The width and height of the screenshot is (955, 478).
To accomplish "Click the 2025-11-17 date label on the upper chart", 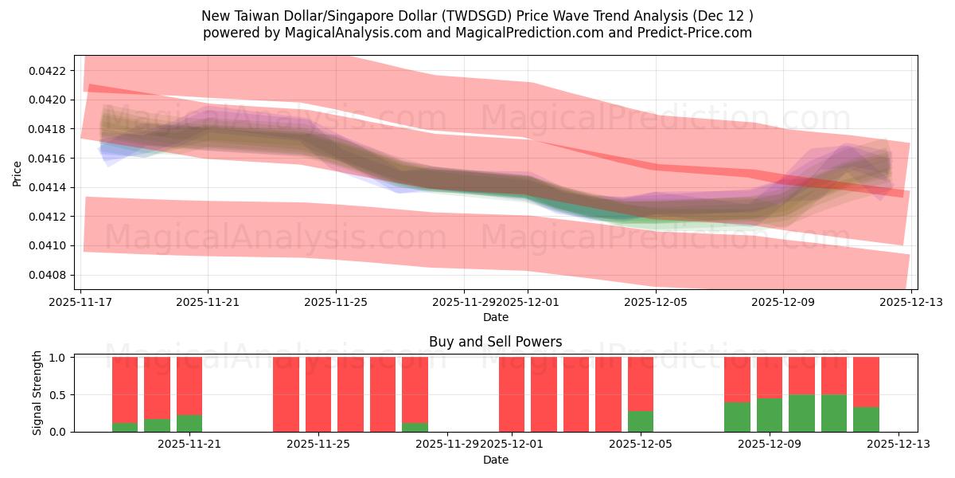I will point(80,302).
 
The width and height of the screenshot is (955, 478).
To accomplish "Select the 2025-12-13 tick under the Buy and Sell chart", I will point(898,445).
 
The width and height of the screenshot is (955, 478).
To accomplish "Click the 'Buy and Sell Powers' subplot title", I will point(495,342).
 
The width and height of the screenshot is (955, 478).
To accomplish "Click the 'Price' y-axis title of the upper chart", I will point(18,172).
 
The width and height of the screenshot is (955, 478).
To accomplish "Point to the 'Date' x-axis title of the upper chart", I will point(495,317).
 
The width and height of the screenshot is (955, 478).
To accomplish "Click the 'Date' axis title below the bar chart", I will point(495,460).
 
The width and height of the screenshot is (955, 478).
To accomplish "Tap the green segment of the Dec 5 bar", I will point(641,421).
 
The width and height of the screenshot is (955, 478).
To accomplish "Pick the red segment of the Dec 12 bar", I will point(866,382).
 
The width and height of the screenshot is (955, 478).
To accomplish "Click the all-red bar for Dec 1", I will point(512,394).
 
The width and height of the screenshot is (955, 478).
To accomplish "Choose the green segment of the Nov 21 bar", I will point(189,423).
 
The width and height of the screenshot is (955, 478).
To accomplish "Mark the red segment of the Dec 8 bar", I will point(737,379).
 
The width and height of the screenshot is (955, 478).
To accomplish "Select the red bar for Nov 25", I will point(318,394).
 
